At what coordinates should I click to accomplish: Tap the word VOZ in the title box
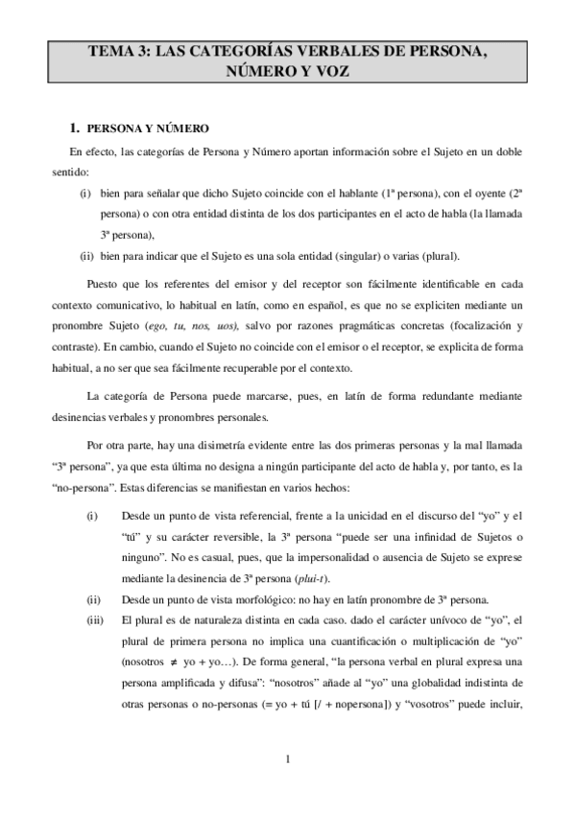point(333,72)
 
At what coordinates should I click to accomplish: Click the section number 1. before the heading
point(74,128)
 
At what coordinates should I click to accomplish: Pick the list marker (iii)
point(94,619)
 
